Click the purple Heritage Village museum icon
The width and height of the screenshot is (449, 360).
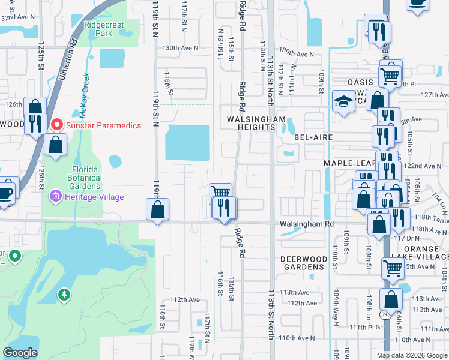(56, 197)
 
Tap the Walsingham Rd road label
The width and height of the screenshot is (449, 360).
(305, 223)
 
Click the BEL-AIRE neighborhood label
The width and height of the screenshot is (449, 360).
(313, 137)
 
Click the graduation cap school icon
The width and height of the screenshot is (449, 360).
(344, 101)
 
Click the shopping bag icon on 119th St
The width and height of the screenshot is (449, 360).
(157, 210)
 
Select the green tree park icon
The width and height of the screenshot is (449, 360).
(64, 295)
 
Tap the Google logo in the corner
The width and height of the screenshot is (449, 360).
(20, 352)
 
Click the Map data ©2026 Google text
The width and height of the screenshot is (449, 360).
(412, 355)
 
